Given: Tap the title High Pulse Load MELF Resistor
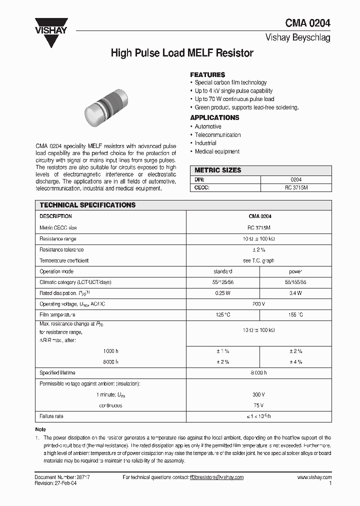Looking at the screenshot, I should (x=182, y=53).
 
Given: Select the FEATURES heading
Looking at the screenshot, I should (x=207, y=74).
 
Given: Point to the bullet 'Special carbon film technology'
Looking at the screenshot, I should (x=230, y=82).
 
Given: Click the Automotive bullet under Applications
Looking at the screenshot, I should (x=208, y=126).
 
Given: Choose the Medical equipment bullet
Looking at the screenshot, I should (x=217, y=151).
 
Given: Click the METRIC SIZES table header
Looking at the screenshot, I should (x=217, y=170).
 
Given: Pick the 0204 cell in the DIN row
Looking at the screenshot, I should (x=296, y=179).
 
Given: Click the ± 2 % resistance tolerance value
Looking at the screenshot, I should (x=258, y=249).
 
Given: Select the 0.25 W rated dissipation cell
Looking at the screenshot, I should (x=222, y=293).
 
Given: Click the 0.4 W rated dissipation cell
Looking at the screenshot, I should (x=295, y=293).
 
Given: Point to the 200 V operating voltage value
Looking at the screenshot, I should (x=258, y=304).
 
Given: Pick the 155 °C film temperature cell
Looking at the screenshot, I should (x=295, y=315).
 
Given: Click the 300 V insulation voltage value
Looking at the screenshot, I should (x=258, y=394).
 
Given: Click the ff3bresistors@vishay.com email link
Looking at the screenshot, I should (x=216, y=477).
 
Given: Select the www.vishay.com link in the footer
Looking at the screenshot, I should (x=314, y=477).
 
